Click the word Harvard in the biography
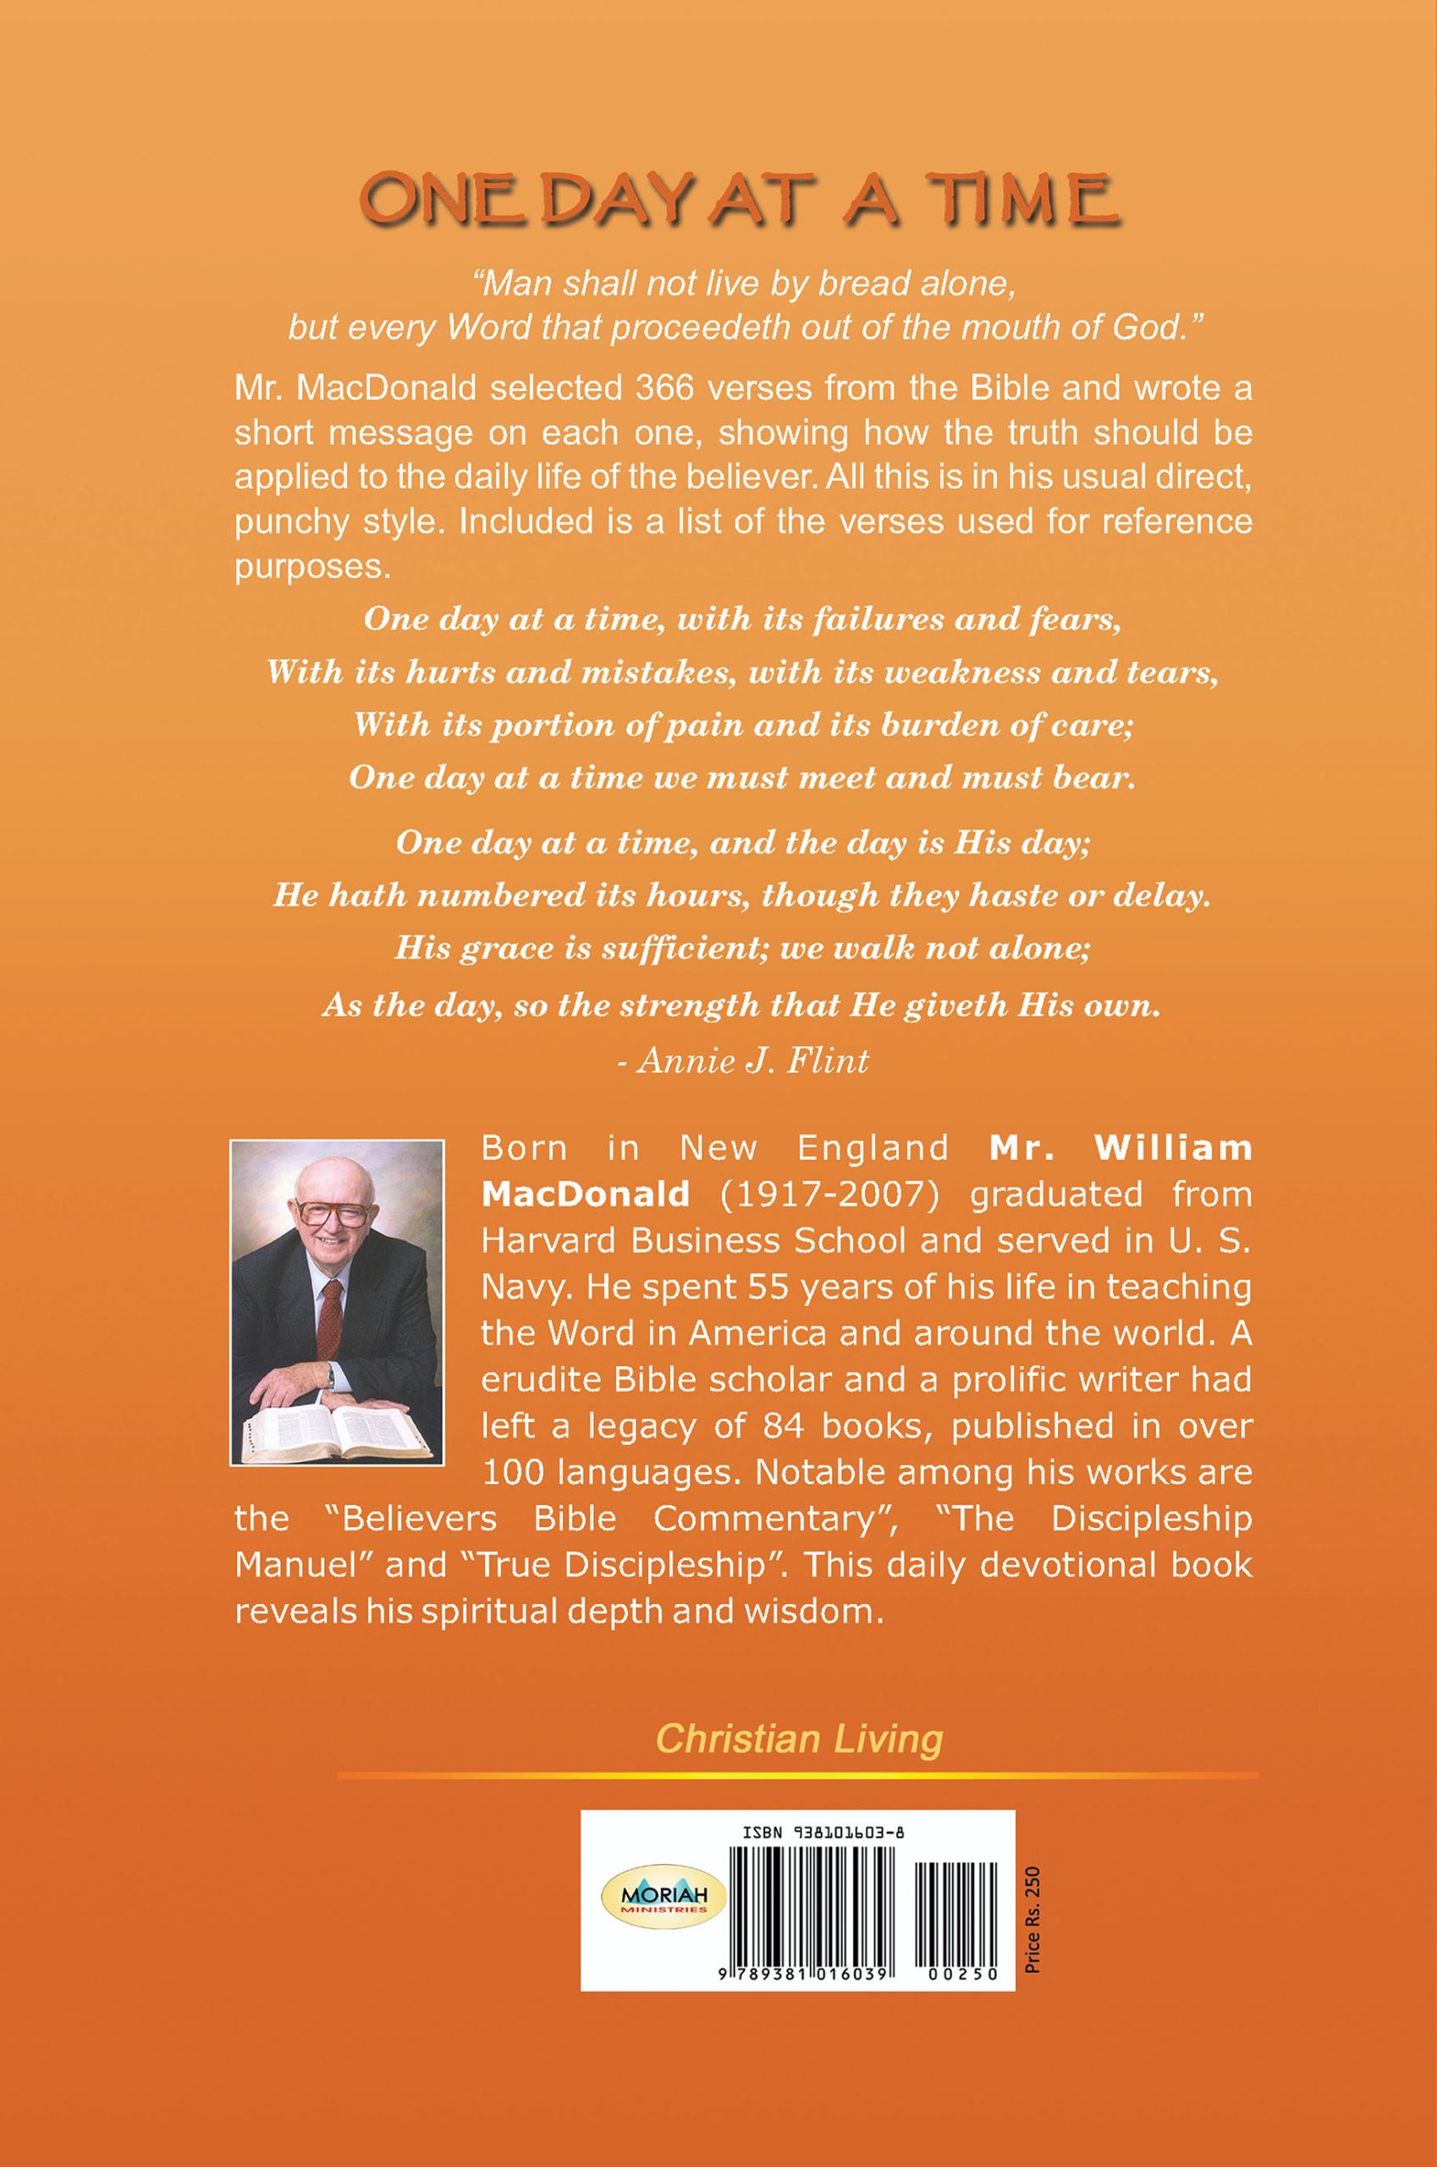pos(537,1240)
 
